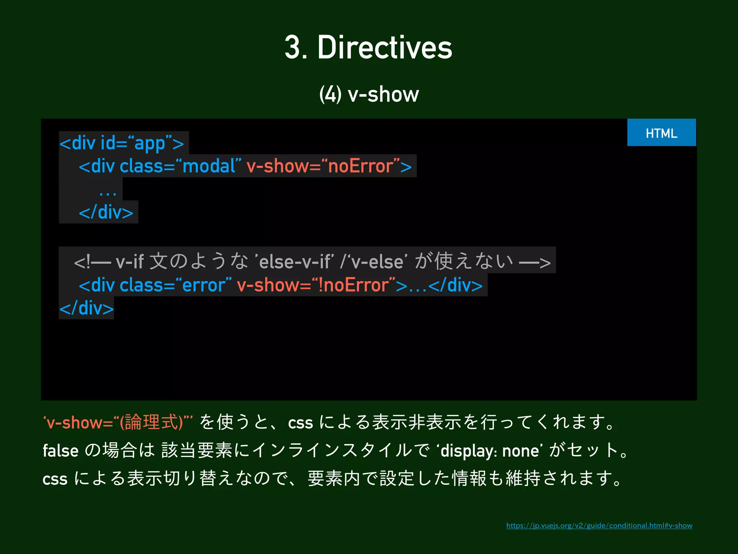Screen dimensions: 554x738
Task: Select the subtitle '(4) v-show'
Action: point(369,94)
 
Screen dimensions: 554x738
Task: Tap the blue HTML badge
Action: point(661,133)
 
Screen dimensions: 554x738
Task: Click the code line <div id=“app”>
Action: point(122,143)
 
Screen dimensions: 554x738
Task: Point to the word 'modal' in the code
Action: point(209,166)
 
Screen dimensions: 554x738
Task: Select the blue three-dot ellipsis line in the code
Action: point(108,191)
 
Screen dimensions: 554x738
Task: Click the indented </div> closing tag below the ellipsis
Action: point(106,212)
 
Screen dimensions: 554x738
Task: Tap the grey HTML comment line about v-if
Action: point(312,261)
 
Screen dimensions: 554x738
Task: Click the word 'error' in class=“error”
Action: point(204,285)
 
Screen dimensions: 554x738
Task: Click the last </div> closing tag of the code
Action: point(86,308)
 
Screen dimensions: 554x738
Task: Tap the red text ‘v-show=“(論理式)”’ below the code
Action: point(117,422)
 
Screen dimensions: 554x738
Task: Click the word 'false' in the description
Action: point(61,451)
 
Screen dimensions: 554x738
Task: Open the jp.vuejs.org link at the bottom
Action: point(599,526)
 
